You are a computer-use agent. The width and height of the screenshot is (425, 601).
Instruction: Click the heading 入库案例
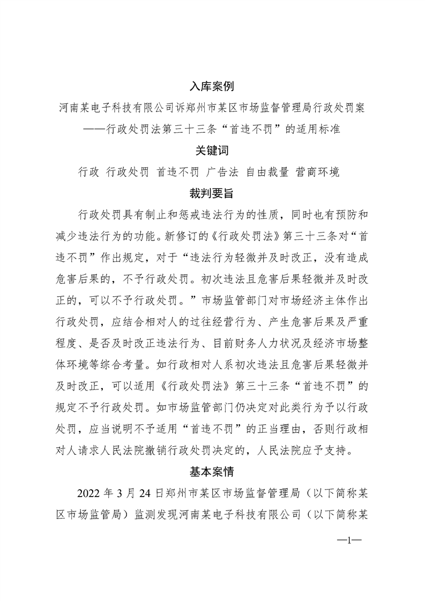pos(212,86)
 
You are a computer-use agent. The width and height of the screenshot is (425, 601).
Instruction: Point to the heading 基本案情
pos(212,472)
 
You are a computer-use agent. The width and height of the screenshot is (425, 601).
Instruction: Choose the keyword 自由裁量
pos(267,172)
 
